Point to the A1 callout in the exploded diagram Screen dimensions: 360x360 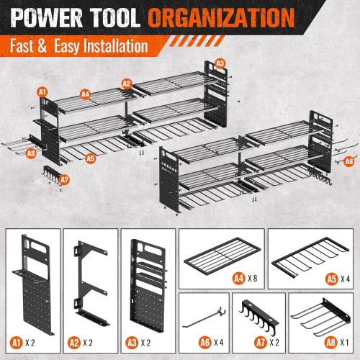[x=42, y=91]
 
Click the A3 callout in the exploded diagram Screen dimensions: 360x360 [x=220, y=63]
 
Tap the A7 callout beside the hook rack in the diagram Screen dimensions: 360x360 [x=64, y=179]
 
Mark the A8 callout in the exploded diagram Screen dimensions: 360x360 [x=30, y=153]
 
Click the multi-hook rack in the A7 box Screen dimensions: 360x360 [x=261, y=311]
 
